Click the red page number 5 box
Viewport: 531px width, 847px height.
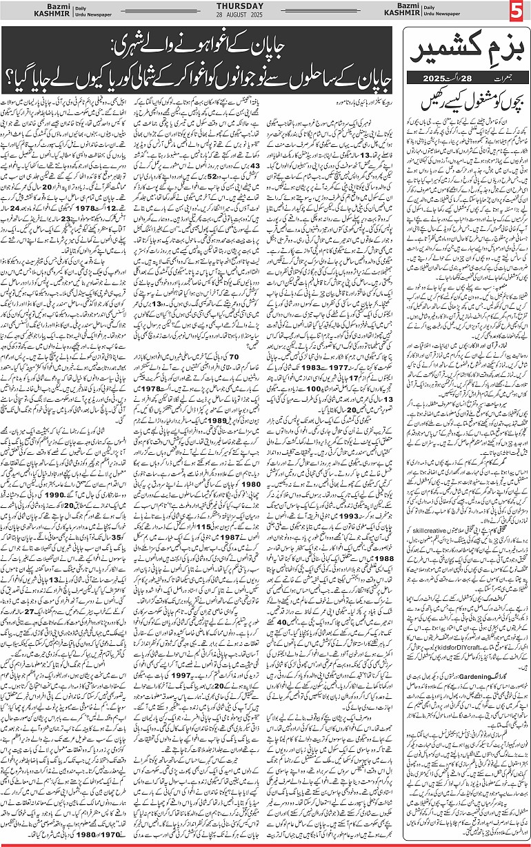pos(519,12)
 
